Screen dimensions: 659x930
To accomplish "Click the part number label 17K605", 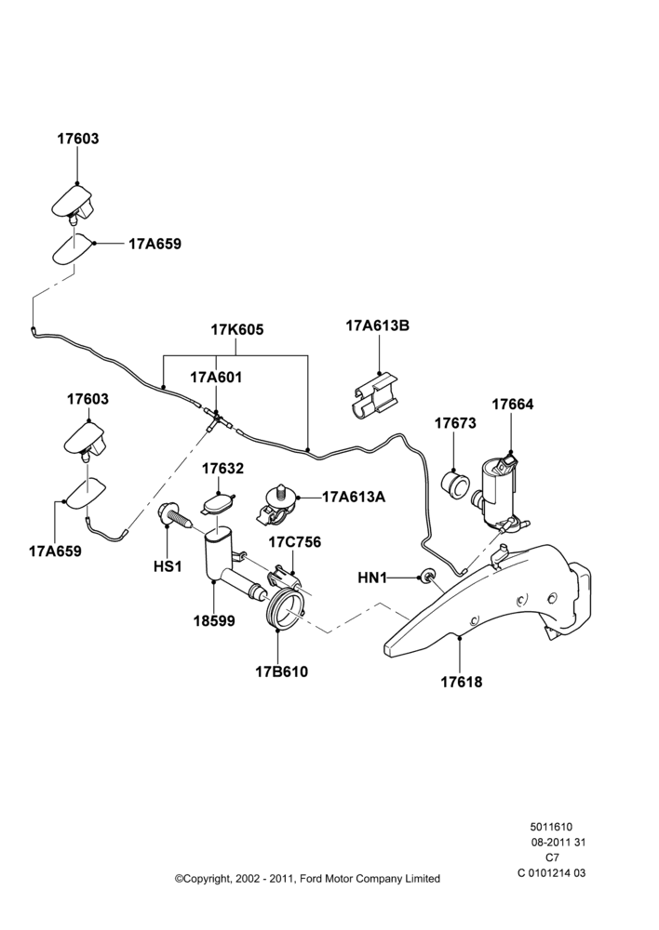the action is pyautogui.click(x=237, y=329).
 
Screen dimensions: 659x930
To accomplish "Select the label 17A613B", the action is pyautogui.click(x=378, y=325).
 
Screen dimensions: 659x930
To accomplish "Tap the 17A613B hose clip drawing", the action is pyautogui.click(x=371, y=395).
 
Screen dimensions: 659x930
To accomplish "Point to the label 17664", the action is pyautogui.click(x=513, y=405).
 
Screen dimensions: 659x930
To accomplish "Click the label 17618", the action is pyautogui.click(x=462, y=682).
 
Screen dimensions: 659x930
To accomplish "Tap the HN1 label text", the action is pyautogui.click(x=372, y=578).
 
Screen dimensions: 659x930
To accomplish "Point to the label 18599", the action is pyautogui.click(x=214, y=621).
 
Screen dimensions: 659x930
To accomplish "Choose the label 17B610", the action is pyautogui.click(x=282, y=672).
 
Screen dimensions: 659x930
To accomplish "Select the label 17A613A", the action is pyautogui.click(x=354, y=497).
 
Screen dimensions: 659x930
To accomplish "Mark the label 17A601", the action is pyautogui.click(x=216, y=378).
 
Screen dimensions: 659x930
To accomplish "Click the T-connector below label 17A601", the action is pyautogui.click(x=217, y=419).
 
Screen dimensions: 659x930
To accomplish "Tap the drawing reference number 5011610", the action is pyautogui.click(x=551, y=827).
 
